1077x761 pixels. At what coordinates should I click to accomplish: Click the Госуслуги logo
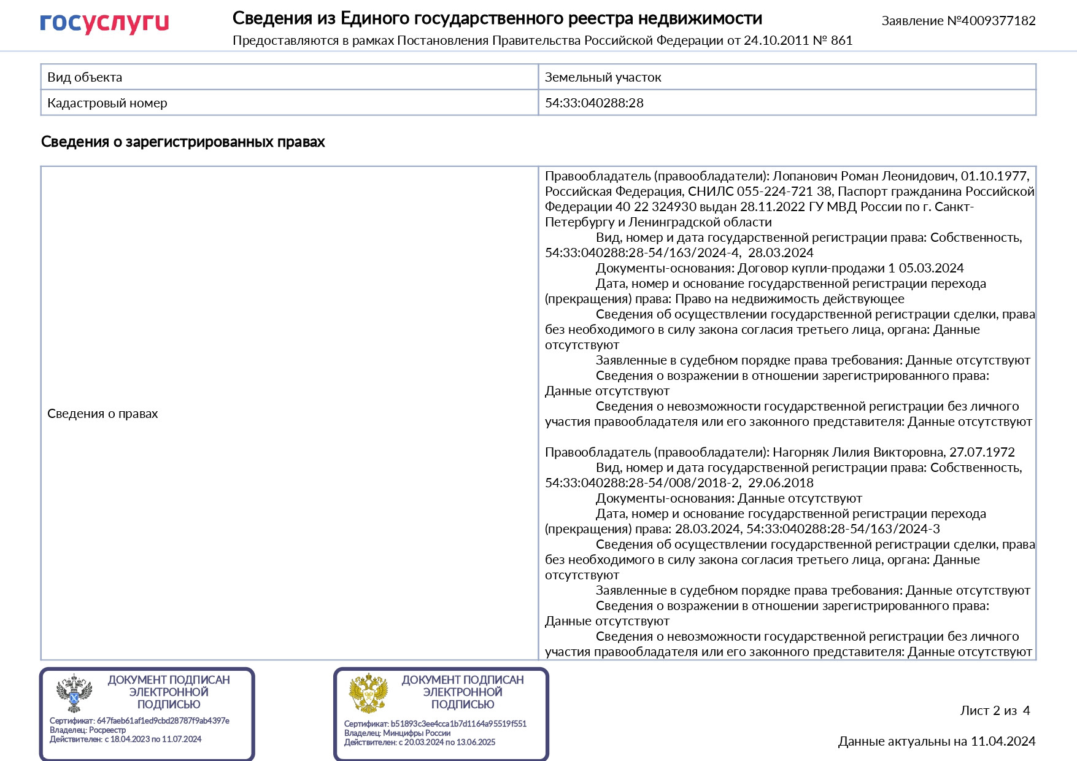click(x=104, y=23)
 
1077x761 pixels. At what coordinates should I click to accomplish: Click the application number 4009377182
click(x=998, y=21)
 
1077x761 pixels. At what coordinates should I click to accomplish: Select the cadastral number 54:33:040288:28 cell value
click(x=594, y=103)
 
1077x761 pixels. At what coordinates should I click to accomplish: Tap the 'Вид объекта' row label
click(x=85, y=77)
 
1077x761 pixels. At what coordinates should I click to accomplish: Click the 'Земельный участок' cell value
click(x=603, y=77)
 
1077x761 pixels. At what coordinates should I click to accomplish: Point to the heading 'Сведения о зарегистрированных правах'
click(x=183, y=142)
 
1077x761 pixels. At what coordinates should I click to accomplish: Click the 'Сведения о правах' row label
click(x=102, y=414)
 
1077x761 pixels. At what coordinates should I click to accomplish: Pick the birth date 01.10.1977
click(x=994, y=176)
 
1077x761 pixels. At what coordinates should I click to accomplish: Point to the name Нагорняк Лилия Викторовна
click(x=859, y=452)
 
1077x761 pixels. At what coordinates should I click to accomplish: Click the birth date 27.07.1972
click(x=982, y=452)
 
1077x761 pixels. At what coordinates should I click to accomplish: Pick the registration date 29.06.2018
click(x=781, y=483)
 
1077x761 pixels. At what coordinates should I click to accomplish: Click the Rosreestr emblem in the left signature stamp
click(x=74, y=693)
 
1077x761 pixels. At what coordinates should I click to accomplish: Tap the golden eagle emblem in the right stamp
click(x=368, y=693)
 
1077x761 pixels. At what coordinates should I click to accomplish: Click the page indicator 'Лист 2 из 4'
click(x=995, y=711)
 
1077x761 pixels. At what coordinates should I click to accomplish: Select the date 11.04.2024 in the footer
click(x=1003, y=741)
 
